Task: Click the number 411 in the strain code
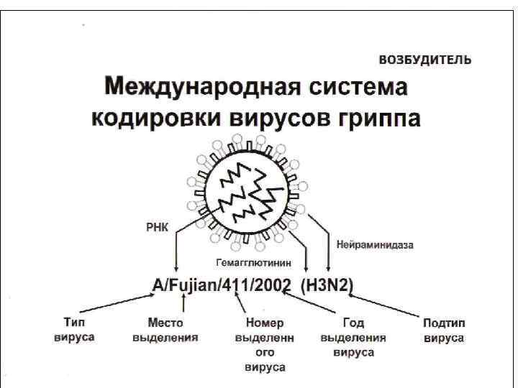[244, 285]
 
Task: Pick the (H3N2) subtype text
[327, 285]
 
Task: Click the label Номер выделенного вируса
[265, 345]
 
